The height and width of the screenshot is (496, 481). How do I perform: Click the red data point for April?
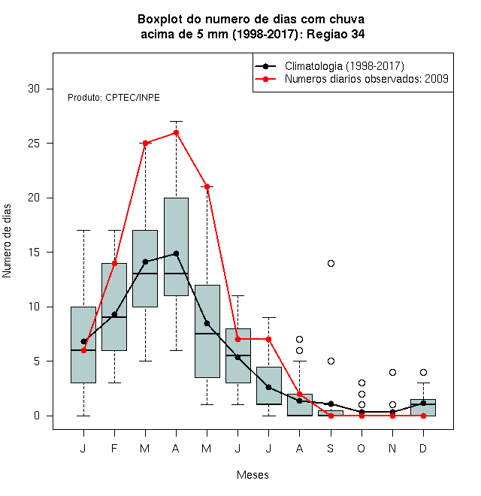pos(177,132)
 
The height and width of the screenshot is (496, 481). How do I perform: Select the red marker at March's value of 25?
pos(146,144)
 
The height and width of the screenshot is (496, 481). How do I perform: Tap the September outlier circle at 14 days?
pos(331,263)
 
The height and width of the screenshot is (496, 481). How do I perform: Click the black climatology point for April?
pos(177,253)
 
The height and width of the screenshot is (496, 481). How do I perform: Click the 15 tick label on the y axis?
pos(34,252)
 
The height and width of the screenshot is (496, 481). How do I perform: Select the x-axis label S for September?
pos(331,448)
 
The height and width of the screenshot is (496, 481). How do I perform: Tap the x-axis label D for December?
pos(423,448)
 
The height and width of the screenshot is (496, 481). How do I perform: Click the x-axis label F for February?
pos(114,448)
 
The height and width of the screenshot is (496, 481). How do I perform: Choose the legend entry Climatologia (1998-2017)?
pos(344,66)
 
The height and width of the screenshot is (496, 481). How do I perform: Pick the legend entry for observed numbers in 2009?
pos(367,79)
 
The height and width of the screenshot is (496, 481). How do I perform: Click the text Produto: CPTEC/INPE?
pos(113,98)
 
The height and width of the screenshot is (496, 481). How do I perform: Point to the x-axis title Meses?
pos(253,475)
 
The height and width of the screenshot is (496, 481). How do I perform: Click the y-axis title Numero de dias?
pos(7,241)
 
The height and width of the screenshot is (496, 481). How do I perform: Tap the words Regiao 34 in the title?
pos(335,34)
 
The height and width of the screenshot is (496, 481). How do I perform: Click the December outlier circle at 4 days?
pos(423,372)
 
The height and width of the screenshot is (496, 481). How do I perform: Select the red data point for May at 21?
pos(207,186)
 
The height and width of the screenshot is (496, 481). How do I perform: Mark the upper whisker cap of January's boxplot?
pos(83,230)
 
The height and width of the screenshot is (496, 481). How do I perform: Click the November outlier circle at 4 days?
pos(393,372)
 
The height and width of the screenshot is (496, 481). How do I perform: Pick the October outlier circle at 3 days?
pos(362,383)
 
